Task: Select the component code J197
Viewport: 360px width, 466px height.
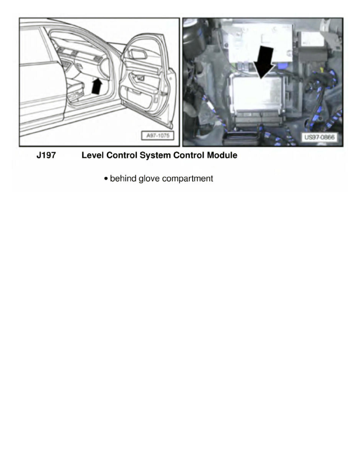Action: point(46,156)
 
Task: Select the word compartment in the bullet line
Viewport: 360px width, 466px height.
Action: point(187,179)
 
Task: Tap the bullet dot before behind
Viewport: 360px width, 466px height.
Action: point(106,179)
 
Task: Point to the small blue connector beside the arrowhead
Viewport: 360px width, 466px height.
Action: point(283,66)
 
